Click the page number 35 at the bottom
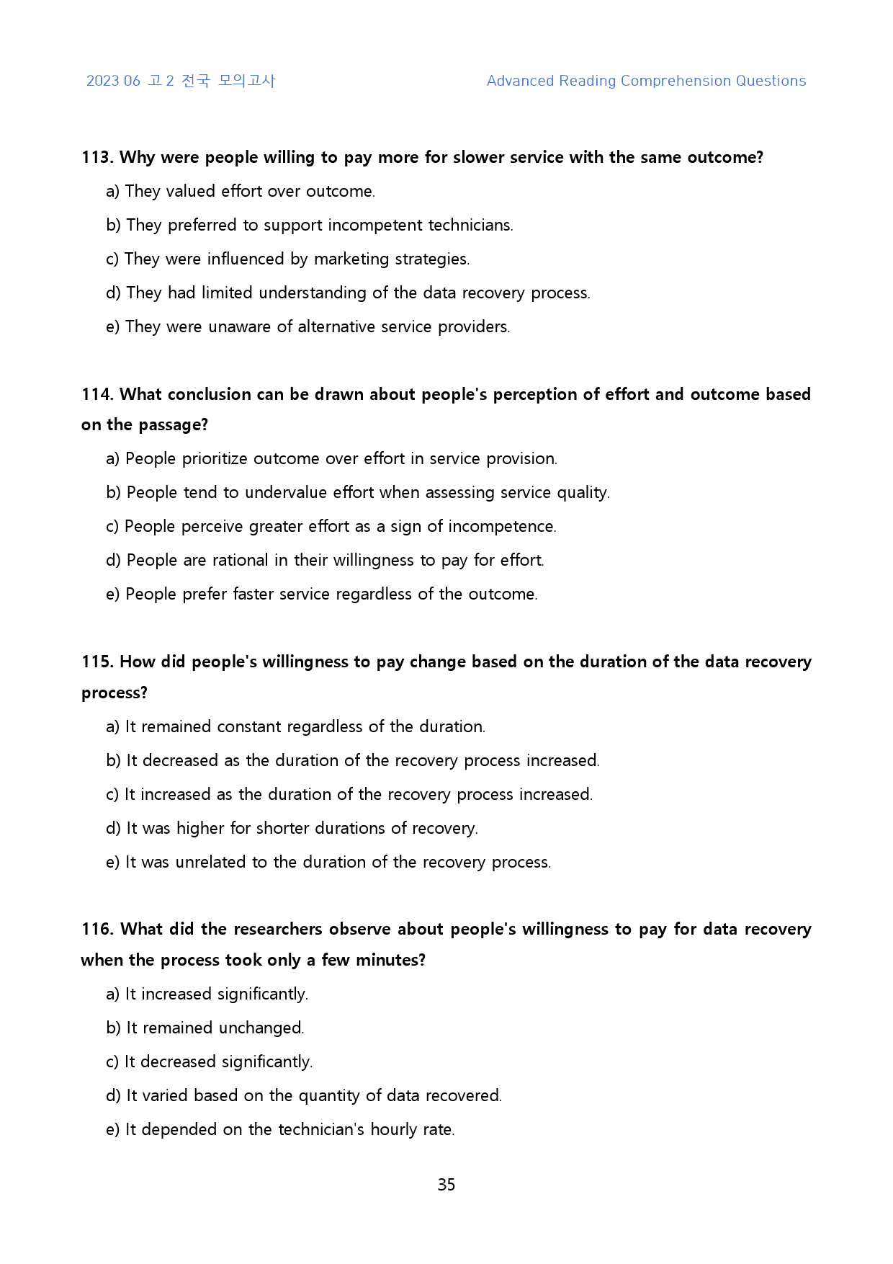446,1185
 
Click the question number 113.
97,157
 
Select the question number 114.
97,394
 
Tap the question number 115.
97,662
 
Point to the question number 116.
97,929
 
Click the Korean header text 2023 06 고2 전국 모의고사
181,81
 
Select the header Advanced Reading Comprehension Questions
646,81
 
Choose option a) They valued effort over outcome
241,191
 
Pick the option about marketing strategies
288,259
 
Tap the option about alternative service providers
308,326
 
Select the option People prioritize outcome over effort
332,458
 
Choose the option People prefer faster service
322,594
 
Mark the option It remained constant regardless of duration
296,726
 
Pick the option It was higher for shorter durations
292,828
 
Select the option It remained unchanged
205,1028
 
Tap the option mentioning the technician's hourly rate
281,1129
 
